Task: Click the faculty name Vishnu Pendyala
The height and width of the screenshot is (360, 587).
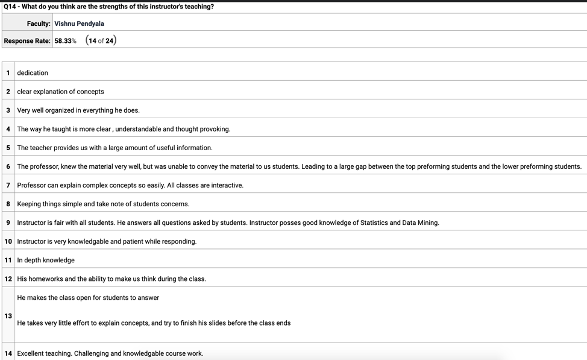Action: [x=79, y=24]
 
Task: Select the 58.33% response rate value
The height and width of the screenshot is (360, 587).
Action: [x=65, y=41]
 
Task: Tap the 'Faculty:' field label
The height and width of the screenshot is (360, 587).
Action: [x=39, y=24]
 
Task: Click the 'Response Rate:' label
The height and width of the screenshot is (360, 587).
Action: [x=27, y=41]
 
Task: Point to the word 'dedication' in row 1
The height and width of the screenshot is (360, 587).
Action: [x=33, y=73]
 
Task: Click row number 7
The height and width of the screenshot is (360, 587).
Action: [x=8, y=185]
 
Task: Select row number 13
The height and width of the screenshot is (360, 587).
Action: [x=8, y=316]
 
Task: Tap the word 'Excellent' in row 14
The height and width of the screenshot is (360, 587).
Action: [x=31, y=353]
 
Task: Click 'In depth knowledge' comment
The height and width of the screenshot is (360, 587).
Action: [x=46, y=260]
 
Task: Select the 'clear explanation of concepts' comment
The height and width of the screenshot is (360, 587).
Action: [x=60, y=92]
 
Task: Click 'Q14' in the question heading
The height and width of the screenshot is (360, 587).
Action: [x=10, y=7]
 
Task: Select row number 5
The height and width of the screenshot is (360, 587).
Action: [x=8, y=148]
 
